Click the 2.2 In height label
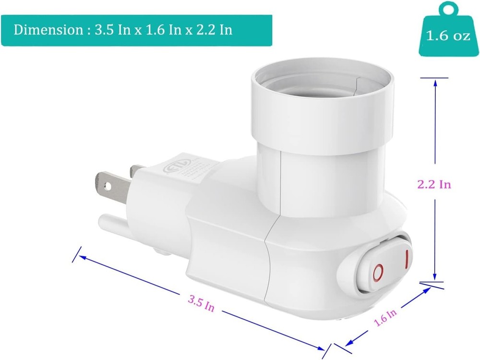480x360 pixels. [434, 184]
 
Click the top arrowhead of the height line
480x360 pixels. [435, 83]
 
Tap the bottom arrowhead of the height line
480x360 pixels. [435, 277]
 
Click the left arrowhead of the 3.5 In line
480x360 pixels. [83, 256]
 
